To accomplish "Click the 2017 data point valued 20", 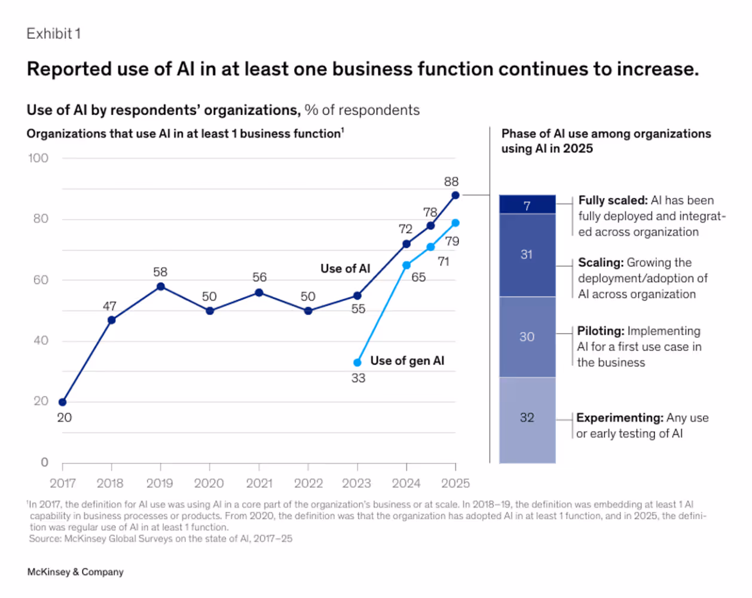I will (x=63, y=402).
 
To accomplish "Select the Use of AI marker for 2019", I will (x=160, y=287).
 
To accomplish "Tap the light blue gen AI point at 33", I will (x=357, y=362).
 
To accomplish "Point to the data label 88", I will (x=451, y=182).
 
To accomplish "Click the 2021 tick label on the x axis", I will (x=259, y=483).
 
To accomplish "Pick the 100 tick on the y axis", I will (x=38, y=158).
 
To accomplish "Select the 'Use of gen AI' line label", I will (x=407, y=361).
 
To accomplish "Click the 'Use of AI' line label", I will (x=345, y=269).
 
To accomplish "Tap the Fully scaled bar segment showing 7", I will (x=527, y=205).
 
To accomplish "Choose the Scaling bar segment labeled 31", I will (x=527, y=255).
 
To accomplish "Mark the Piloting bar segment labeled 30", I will (x=527, y=337).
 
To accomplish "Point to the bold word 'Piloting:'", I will (x=601, y=331).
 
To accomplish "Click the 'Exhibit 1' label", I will (x=53, y=34).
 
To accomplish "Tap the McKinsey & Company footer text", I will (x=75, y=572).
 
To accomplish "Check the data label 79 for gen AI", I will (x=452, y=242).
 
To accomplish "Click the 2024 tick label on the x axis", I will (x=406, y=483).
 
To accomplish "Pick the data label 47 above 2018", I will (x=109, y=306).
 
